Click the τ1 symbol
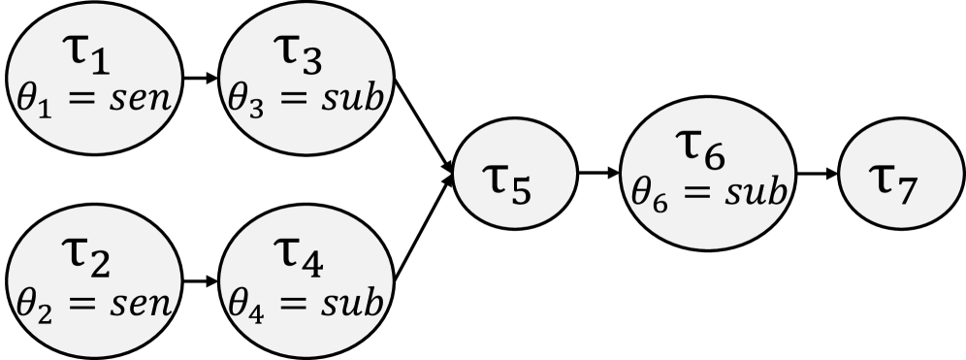pos(94,60)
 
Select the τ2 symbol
pos(94,264)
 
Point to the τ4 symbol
pos(302,264)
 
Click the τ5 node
pos(515,179)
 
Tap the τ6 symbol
pos(702,152)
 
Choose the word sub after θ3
pos(349,101)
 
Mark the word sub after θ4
pos(349,306)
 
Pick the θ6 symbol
pos(643,190)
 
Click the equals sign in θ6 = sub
pos(693,190)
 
